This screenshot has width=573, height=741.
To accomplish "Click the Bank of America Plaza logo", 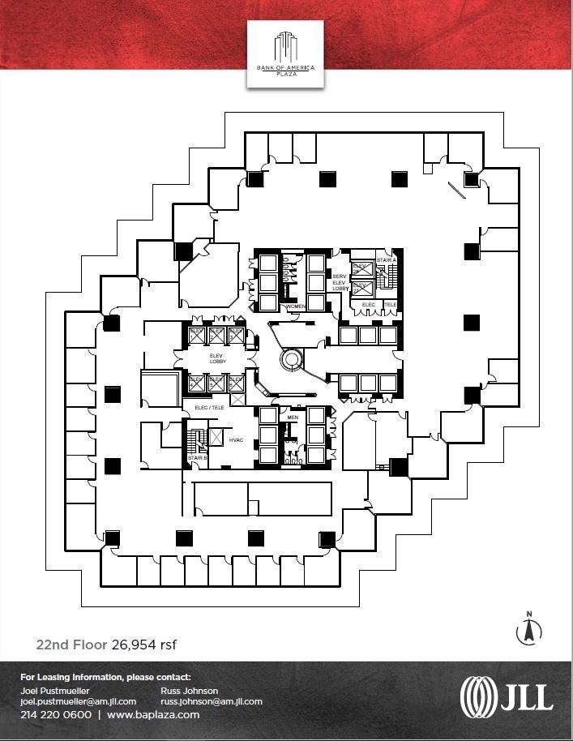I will [x=284, y=53].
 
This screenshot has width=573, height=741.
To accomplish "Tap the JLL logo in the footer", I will [x=506, y=696].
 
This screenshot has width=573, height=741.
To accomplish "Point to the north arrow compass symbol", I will [x=528, y=629].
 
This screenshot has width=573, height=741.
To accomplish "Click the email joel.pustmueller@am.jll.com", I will [x=78, y=701].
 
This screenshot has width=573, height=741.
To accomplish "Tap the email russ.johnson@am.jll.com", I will [x=211, y=701].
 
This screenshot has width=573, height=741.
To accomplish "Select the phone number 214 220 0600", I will [x=56, y=715].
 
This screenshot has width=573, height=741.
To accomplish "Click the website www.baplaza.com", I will [x=152, y=715].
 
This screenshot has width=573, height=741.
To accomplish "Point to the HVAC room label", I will [x=236, y=439].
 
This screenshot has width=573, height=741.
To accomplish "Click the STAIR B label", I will [x=196, y=458].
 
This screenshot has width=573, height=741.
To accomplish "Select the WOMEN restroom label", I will [x=294, y=306].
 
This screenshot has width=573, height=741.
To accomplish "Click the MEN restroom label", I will [x=293, y=418].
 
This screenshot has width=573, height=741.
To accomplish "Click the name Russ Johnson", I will [x=190, y=691].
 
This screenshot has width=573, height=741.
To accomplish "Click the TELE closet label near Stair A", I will [x=390, y=305].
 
